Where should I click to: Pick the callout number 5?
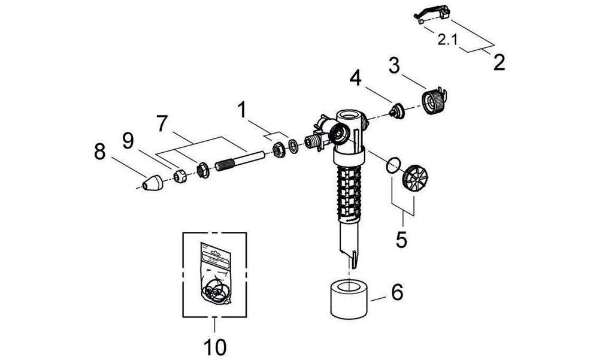(401, 239)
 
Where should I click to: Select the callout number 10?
(214, 345)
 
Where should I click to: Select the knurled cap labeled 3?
(435, 99)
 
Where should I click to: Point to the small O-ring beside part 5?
(392, 165)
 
